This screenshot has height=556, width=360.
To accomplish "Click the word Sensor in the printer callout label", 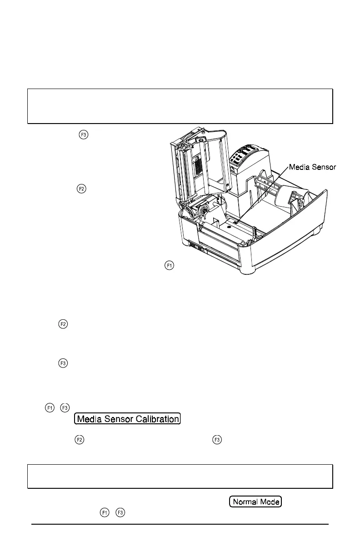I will [x=324, y=168].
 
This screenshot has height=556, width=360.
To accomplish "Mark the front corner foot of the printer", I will [x=248, y=271].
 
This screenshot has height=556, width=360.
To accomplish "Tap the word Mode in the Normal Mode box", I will [x=270, y=502].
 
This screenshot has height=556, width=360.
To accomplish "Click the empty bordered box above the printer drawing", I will [x=180, y=106].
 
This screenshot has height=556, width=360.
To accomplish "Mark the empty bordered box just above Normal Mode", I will [x=180, y=477].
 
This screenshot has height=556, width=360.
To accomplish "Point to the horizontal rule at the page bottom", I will [x=180, y=525].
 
